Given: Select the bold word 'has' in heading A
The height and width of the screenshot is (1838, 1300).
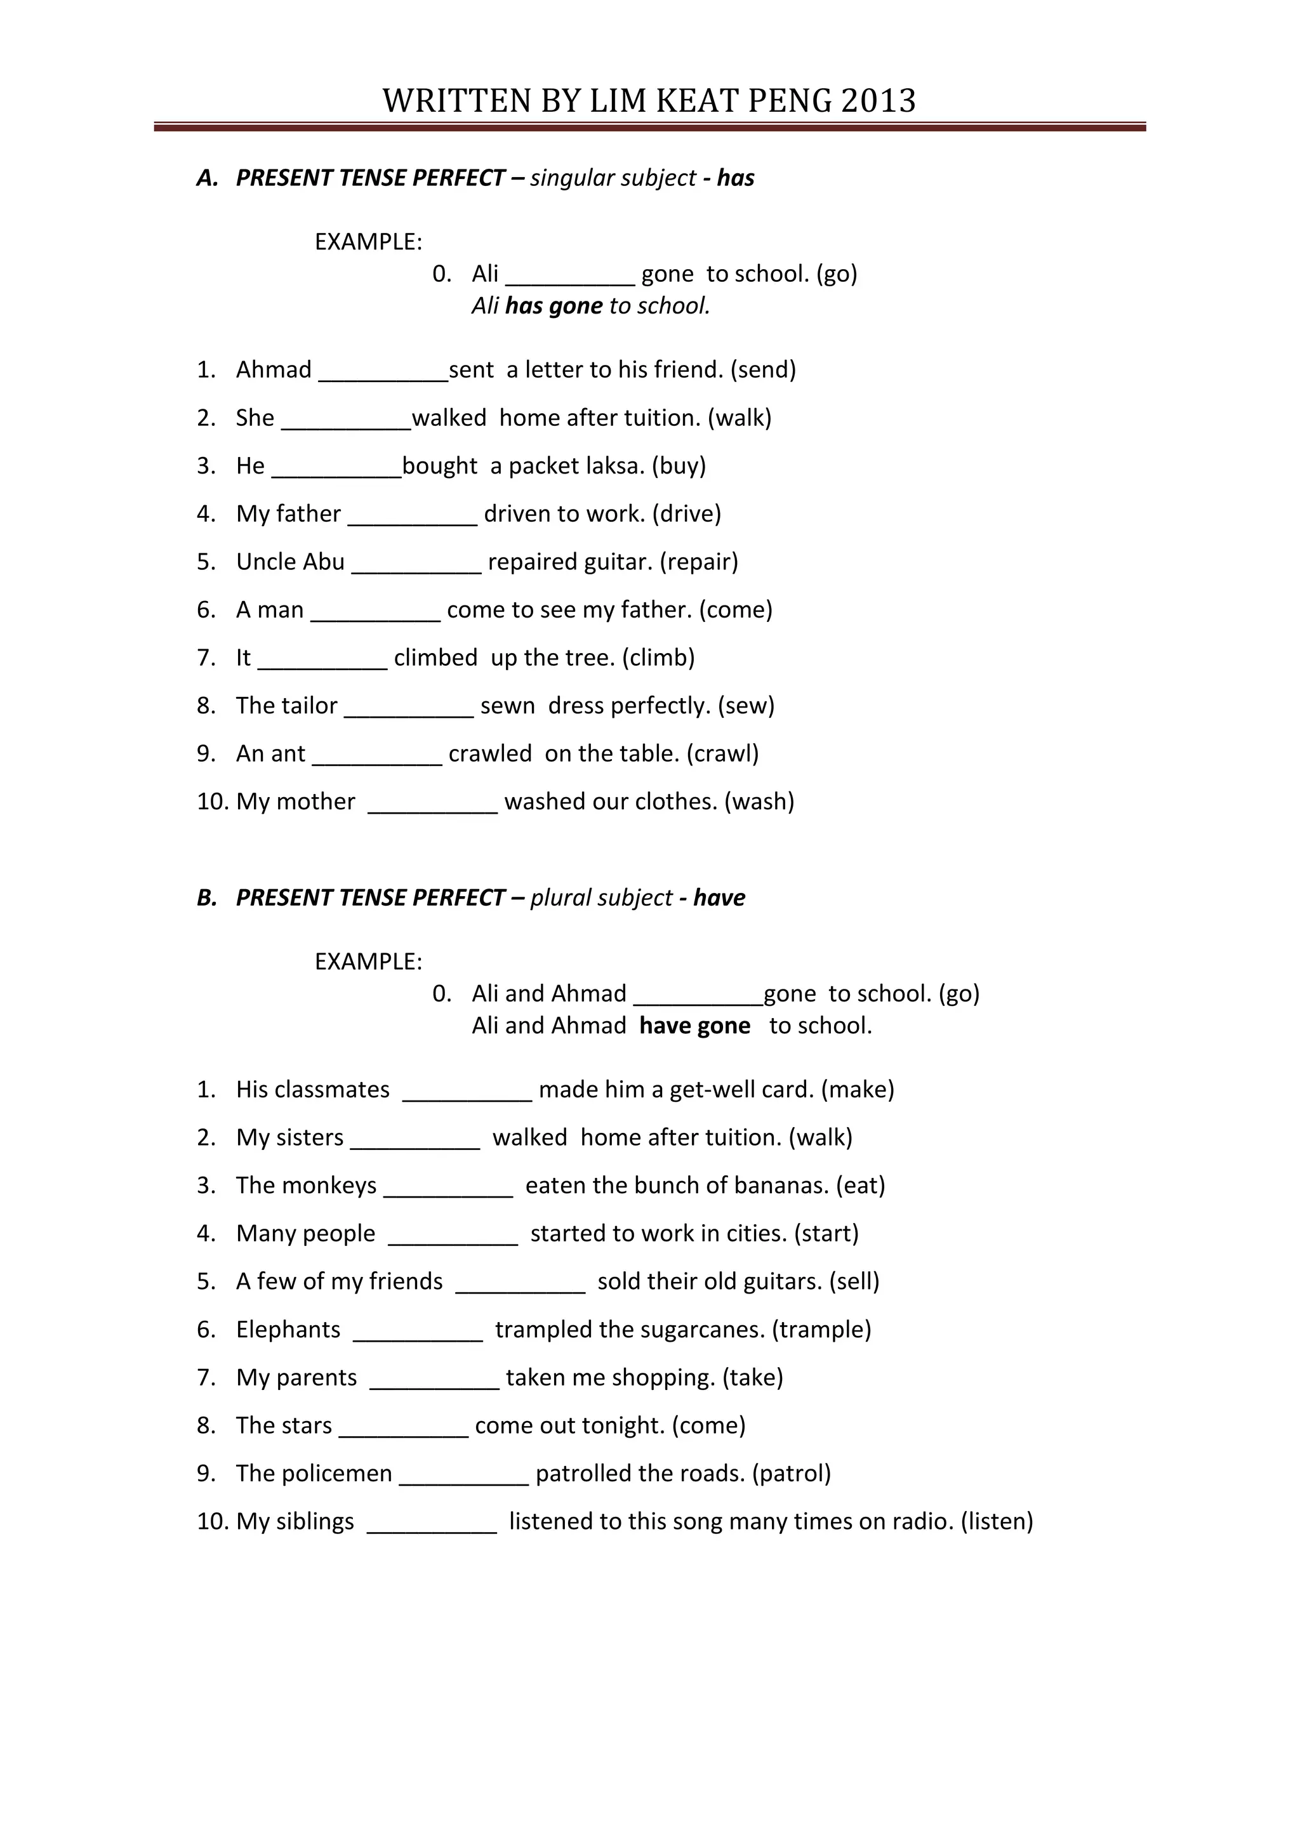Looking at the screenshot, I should tap(736, 178).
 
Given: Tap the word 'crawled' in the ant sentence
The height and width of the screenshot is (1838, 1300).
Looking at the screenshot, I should tap(490, 754).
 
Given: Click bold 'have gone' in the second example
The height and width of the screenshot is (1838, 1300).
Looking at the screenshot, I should tap(695, 1026).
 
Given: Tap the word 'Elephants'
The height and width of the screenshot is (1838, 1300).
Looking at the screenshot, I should tap(288, 1330).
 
